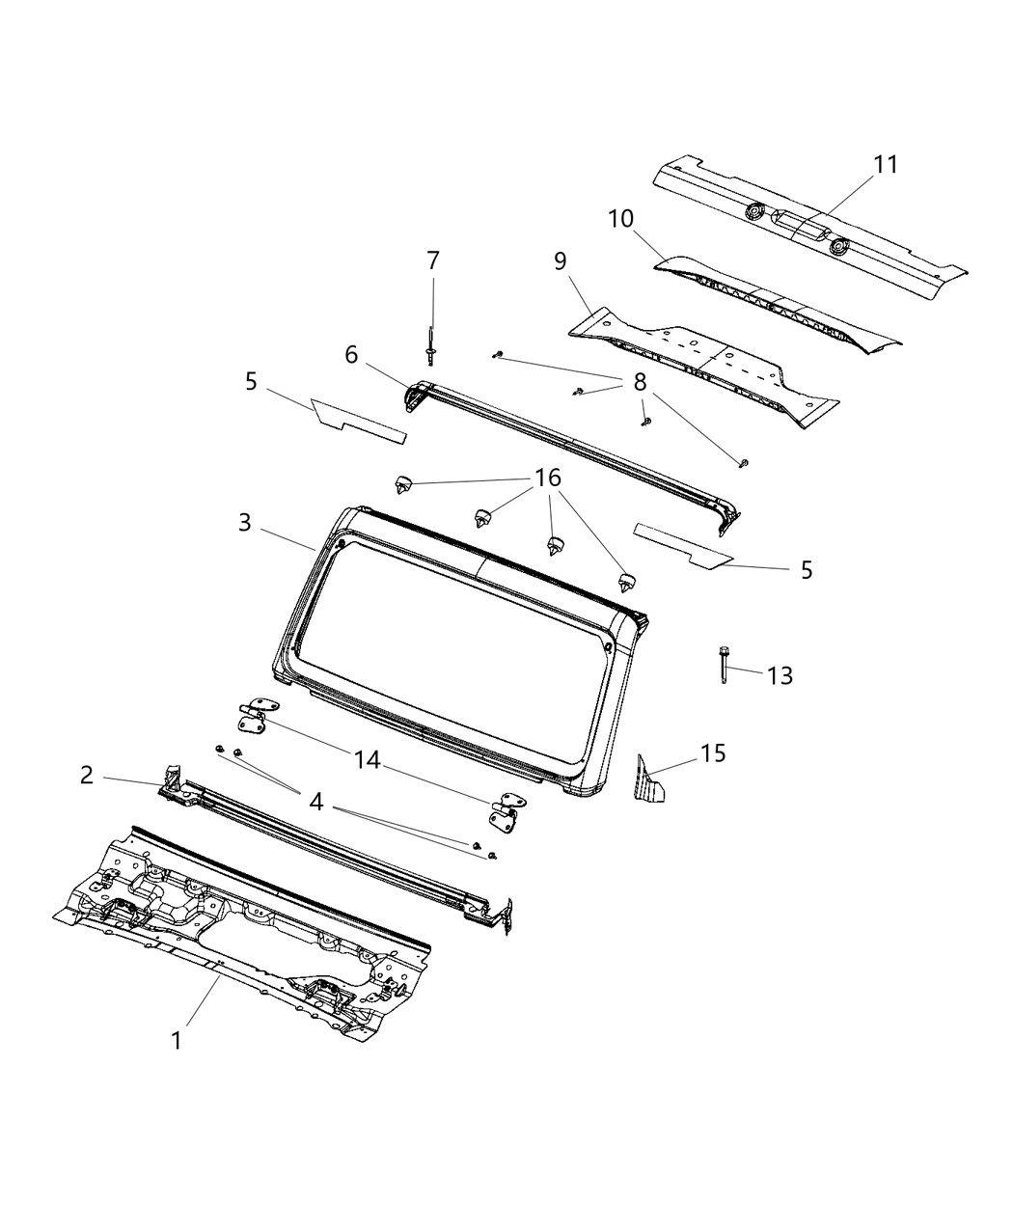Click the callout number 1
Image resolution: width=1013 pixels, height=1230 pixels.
tap(176, 1041)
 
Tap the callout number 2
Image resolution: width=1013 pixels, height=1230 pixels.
tap(87, 775)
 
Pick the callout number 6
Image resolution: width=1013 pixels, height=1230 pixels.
tap(351, 355)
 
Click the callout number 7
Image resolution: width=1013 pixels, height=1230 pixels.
tap(433, 260)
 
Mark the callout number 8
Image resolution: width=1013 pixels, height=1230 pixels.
tap(640, 382)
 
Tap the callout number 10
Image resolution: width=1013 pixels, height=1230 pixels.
tap(621, 220)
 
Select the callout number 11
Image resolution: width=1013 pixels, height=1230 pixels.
tap(886, 165)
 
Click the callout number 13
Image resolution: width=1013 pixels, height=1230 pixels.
tap(780, 675)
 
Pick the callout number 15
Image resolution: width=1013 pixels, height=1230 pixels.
tap(713, 753)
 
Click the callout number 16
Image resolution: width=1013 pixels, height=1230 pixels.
tap(548, 479)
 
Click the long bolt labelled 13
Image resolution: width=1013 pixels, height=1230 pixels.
tap(723, 667)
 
